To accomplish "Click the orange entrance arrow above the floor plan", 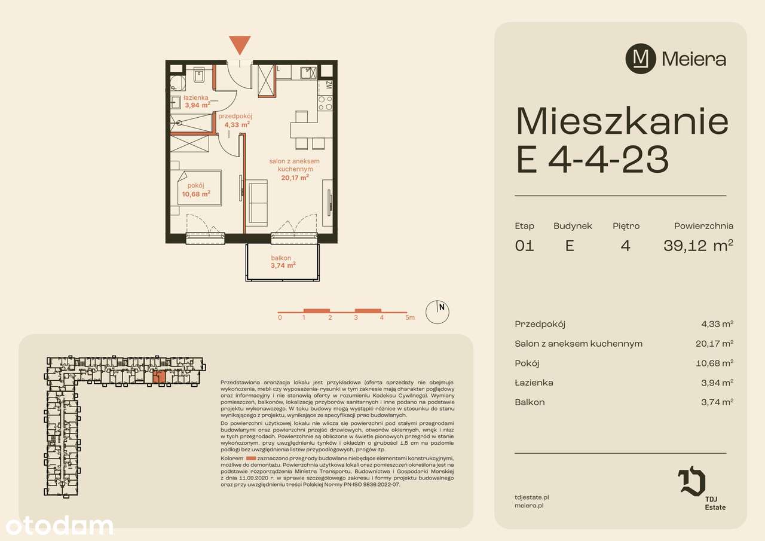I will coord(240,45).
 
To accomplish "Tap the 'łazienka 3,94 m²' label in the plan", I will coord(196,101).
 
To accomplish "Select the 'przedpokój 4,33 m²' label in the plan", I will coord(236,120).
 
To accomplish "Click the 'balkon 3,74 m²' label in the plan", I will coord(283,262).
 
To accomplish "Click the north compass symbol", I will coord(437,311).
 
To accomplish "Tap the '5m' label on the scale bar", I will coord(409,317).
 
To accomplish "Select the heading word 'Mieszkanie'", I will coord(622,122).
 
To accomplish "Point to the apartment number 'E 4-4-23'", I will coord(592,160).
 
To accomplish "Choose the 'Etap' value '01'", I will coord(524,246).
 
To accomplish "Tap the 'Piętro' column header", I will coord(626,226).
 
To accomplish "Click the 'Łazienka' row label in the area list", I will coord(534,383).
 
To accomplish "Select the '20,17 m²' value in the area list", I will coord(717,344).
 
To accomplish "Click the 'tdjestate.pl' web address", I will coord(531,496).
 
